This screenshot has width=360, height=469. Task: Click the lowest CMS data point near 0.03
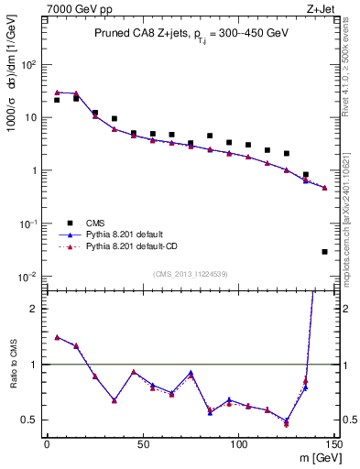[x=325, y=251]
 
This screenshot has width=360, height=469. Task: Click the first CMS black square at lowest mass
[x=57, y=100]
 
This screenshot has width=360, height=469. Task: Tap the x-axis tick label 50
[x=143, y=445]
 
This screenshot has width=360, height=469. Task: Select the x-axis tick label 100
[x=239, y=445]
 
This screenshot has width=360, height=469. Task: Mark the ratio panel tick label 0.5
[x=30, y=420]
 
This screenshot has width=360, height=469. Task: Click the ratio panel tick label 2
[x=34, y=309]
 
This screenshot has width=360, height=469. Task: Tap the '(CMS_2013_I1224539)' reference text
[x=190, y=272]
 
